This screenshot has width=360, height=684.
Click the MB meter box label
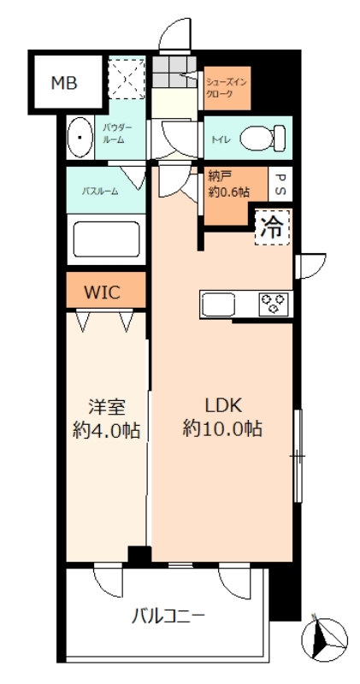coord(64,82)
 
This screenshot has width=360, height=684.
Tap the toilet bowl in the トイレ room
coord(263,139)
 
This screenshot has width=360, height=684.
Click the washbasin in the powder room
coord(80,138)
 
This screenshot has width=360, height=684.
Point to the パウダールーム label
coord(114,134)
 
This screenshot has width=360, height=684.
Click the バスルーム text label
coord(100,191)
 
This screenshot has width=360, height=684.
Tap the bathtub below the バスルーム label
coord(107,239)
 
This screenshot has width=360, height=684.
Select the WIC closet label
coord(102,292)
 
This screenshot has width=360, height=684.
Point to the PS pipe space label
coord(280,185)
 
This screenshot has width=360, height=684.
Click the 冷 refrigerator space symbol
coord(272,227)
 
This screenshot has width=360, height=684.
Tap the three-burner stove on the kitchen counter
coord(274,303)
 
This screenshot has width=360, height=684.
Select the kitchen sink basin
coord(218,304)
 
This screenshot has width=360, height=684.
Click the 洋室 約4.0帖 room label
coord(107,419)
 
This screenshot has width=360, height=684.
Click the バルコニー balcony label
coord(168,616)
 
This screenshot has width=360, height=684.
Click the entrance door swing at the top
coord(174,35)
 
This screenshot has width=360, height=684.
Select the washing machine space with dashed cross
coord(127,79)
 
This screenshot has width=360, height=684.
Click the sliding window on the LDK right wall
coord(298,457)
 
